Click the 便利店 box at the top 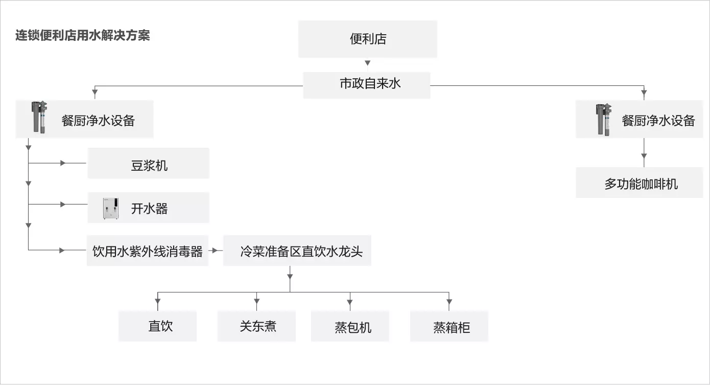[x=368, y=39]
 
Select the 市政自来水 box [x=367, y=85]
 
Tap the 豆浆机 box [x=148, y=163]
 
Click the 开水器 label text [x=149, y=209]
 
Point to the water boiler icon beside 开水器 [x=111, y=208]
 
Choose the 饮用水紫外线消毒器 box [x=148, y=251]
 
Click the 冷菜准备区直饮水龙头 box [x=297, y=251]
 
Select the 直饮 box [x=157, y=326]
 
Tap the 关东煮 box [x=256, y=326]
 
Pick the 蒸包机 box [x=350, y=326]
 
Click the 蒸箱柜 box [x=449, y=326]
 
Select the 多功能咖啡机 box [x=640, y=183]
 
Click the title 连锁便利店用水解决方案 [x=82, y=35]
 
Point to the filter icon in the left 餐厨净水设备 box [x=39, y=117]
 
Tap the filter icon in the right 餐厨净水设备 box [x=604, y=120]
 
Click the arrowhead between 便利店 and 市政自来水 [x=368, y=63]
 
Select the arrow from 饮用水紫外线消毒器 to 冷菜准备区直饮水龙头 [x=216, y=251]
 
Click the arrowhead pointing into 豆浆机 [x=63, y=163]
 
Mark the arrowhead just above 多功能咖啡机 [x=644, y=156]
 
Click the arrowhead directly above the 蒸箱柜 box [x=449, y=301]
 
